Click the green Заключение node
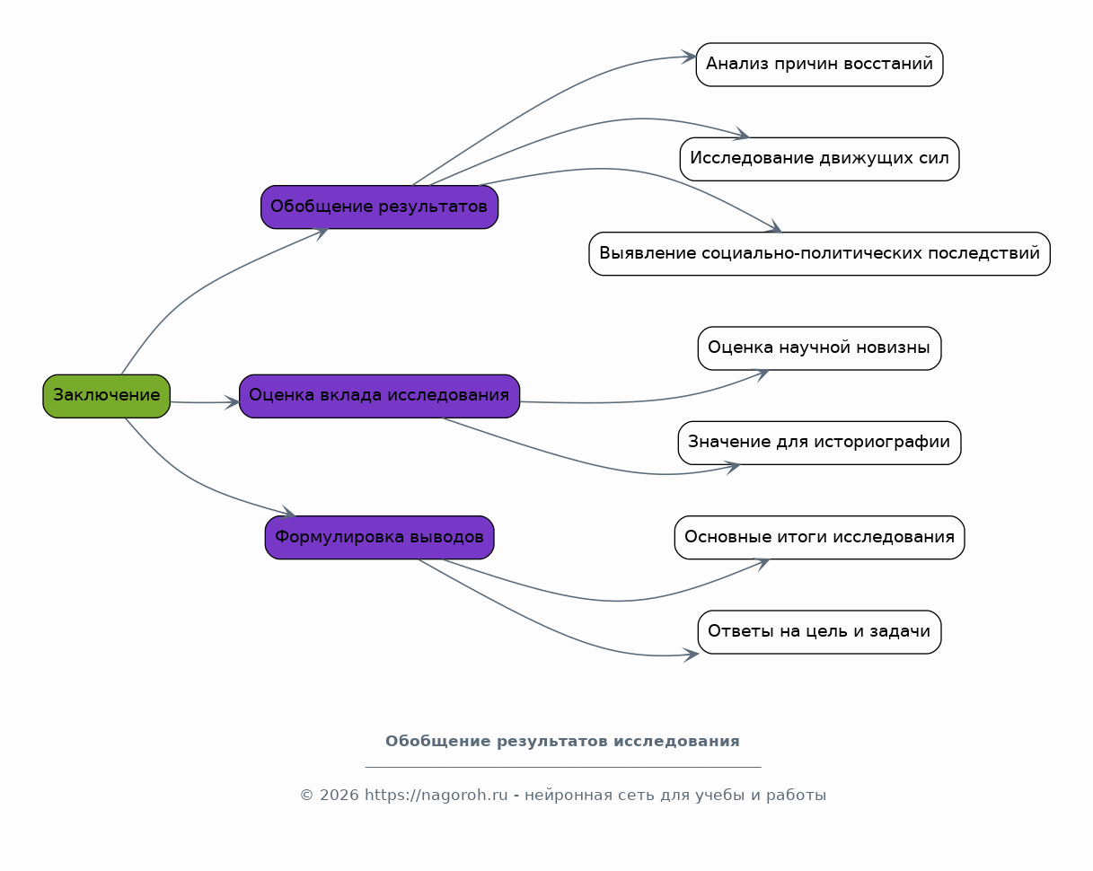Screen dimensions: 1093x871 pyautogui.click(x=106, y=396)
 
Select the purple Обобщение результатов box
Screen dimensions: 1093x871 pyautogui.click(x=379, y=207)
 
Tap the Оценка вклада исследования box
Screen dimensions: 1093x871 pyautogui.click(x=379, y=396)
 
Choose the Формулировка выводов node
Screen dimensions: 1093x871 pyautogui.click(x=379, y=537)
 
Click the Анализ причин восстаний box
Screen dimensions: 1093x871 pyautogui.click(x=819, y=65)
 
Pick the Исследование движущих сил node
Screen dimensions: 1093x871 pyautogui.click(x=819, y=159)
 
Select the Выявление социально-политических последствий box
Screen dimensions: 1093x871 pyautogui.click(x=819, y=254)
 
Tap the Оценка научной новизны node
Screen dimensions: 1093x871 pyautogui.click(x=819, y=348)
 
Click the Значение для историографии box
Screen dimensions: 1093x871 pyautogui.click(x=819, y=443)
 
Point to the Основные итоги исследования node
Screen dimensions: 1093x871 pyautogui.click(x=819, y=537)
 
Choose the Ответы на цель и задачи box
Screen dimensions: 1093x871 pyautogui.click(x=819, y=632)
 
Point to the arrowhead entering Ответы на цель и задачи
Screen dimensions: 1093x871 pyautogui.click(x=692, y=655)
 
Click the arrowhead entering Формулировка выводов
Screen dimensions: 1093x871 pyautogui.click(x=289, y=513)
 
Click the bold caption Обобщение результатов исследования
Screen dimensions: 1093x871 pyautogui.click(x=562, y=741)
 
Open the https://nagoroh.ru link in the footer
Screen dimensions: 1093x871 pyautogui.click(x=436, y=795)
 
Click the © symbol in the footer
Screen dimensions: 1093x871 pyautogui.click(x=306, y=796)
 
